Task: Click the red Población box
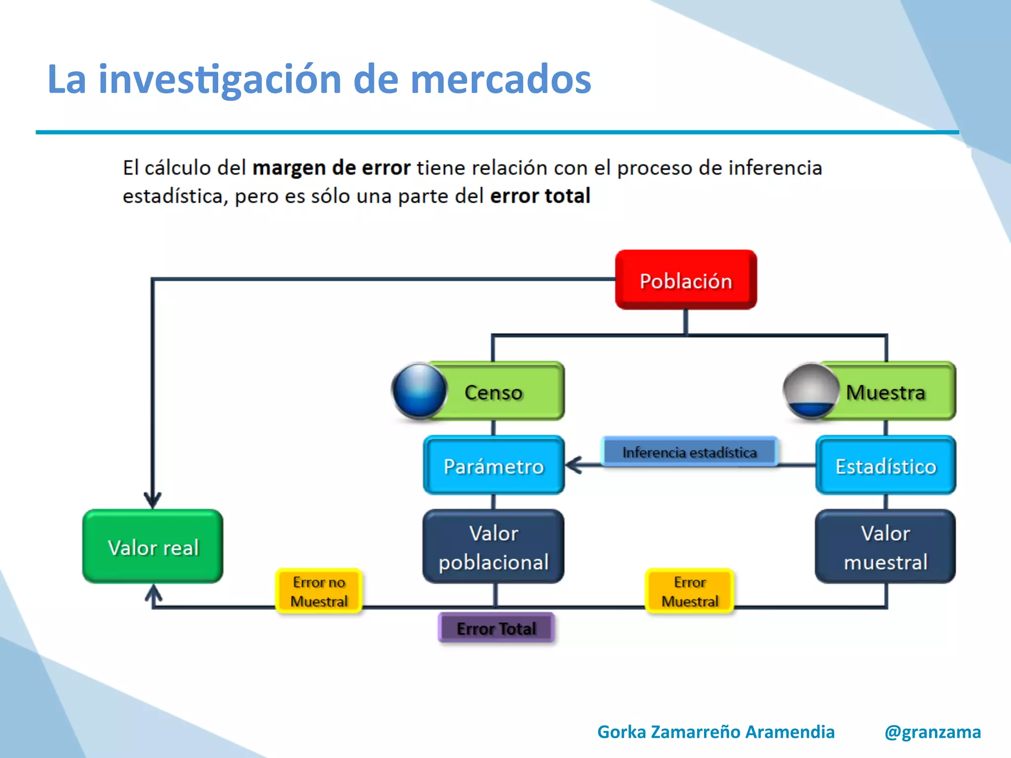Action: [686, 280]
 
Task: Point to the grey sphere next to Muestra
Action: [811, 390]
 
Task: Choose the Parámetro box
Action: [494, 465]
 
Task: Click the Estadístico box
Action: [886, 465]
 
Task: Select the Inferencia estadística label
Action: [689, 452]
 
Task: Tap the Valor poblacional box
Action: [494, 547]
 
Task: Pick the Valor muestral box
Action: [886, 547]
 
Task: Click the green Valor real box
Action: [153, 547]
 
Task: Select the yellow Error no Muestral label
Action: [319, 591]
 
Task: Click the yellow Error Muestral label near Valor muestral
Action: [690, 591]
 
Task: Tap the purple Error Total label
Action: [496, 628]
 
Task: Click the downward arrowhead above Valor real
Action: [153, 499]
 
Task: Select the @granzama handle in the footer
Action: [933, 731]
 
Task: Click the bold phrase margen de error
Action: [331, 168]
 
